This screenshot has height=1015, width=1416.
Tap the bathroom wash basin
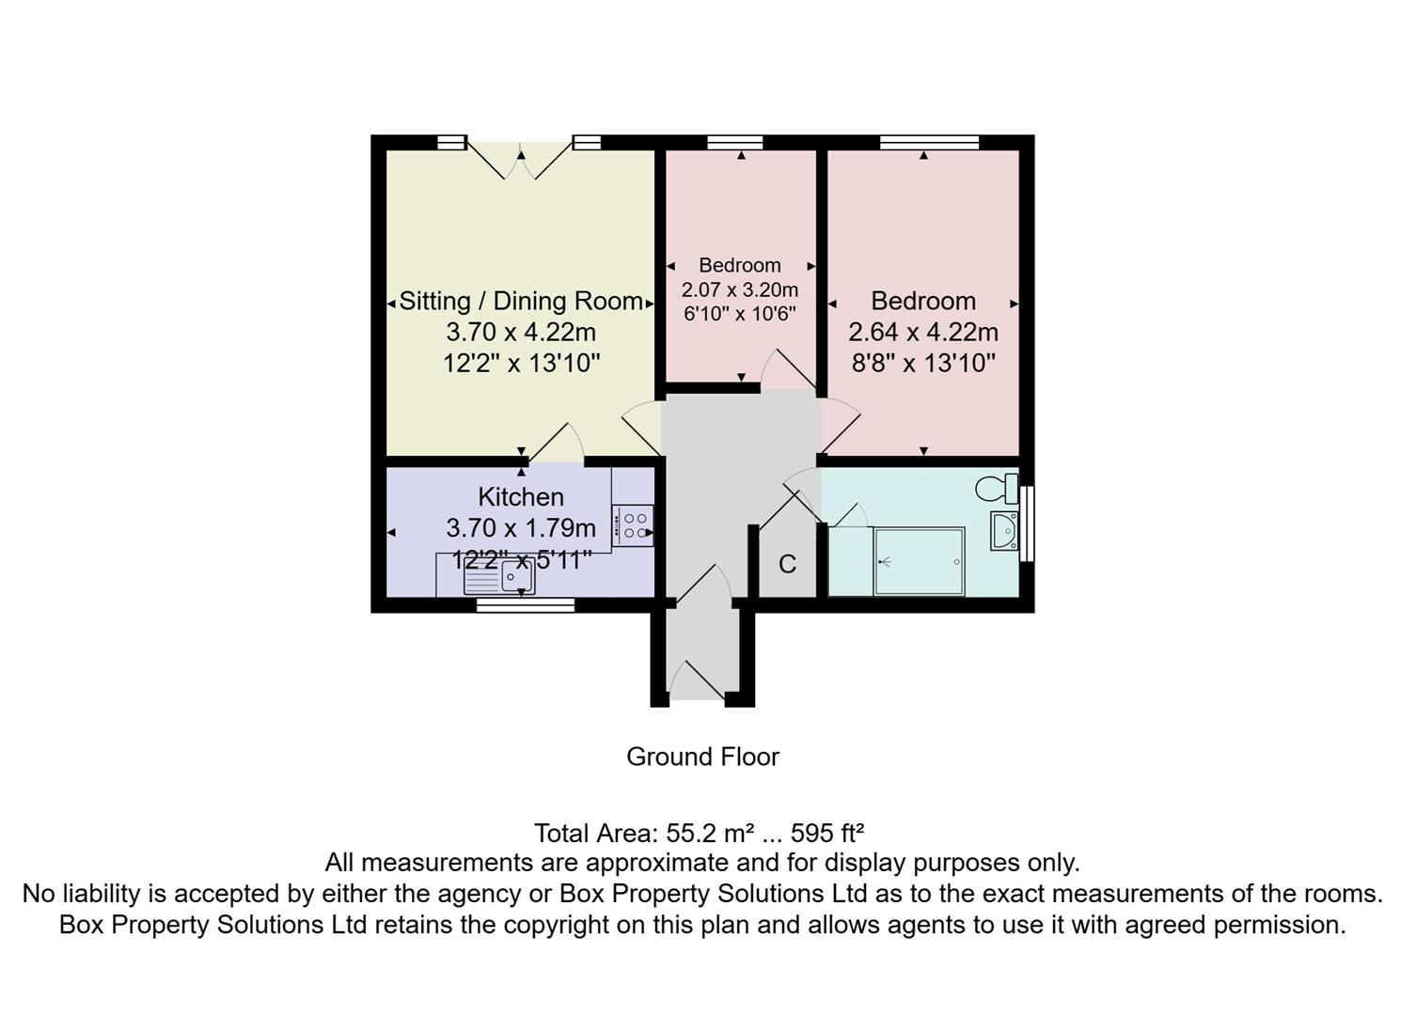pyautogui.click(x=1004, y=531)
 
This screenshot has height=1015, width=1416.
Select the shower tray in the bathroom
pyautogui.click(x=919, y=561)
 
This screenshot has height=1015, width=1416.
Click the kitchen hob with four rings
pyautogui.click(x=633, y=526)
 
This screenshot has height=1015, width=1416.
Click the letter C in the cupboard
pyautogui.click(x=787, y=564)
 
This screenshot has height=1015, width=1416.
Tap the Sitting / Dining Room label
pyautogui.click(x=521, y=302)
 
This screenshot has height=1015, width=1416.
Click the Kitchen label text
pyautogui.click(x=521, y=496)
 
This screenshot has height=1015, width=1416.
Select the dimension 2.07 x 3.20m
pyautogui.click(x=740, y=289)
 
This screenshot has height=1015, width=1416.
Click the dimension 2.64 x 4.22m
pyautogui.click(x=923, y=333)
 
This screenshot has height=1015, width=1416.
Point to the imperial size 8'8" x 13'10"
pyautogui.click(x=923, y=364)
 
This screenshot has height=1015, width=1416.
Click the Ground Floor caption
pyautogui.click(x=702, y=757)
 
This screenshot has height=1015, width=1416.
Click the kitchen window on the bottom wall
pyautogui.click(x=526, y=605)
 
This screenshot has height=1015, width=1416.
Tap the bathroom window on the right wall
pyautogui.click(x=1027, y=523)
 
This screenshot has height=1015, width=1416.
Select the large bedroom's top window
pyautogui.click(x=929, y=143)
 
